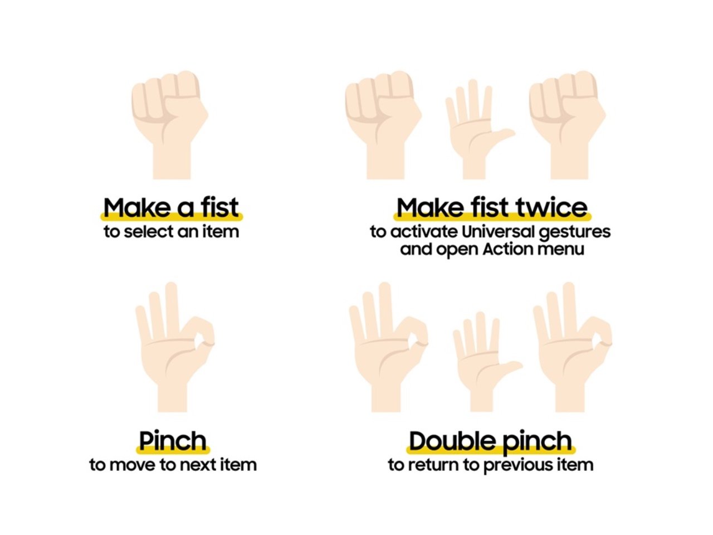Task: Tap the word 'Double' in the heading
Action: (453, 441)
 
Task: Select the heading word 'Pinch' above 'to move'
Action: (173, 441)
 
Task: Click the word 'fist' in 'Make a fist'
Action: (220, 208)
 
